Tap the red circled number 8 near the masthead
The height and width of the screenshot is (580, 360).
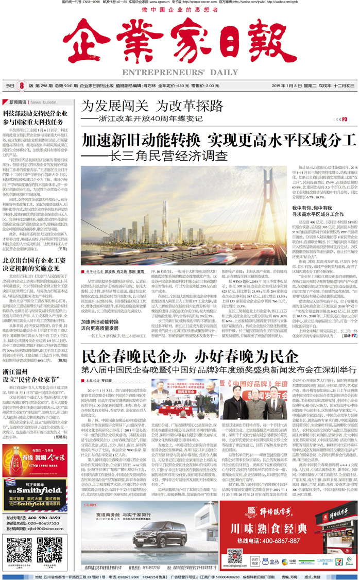(x=23, y=86)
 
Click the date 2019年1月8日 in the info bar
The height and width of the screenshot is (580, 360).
(x=287, y=86)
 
